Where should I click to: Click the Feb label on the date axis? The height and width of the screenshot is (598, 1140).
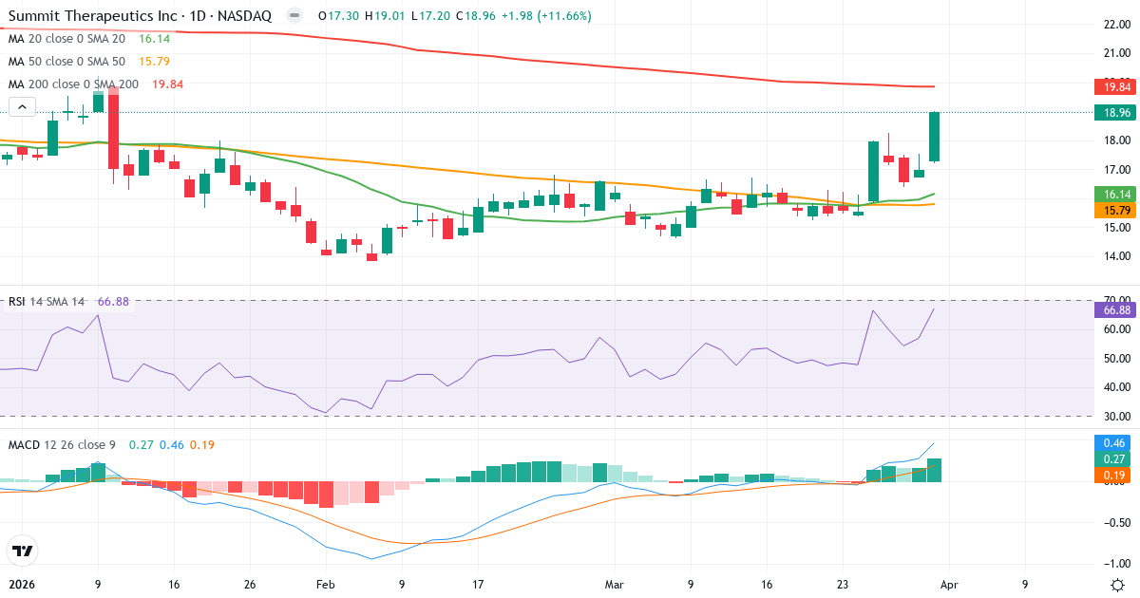(x=326, y=585)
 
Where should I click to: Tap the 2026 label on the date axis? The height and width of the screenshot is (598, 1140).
(x=21, y=585)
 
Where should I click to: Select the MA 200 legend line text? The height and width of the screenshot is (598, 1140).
(x=73, y=84)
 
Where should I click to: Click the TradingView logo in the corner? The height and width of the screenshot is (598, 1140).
(x=22, y=551)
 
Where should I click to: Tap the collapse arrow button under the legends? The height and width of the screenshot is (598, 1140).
(x=22, y=107)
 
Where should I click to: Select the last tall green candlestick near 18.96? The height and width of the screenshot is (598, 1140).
(x=935, y=137)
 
